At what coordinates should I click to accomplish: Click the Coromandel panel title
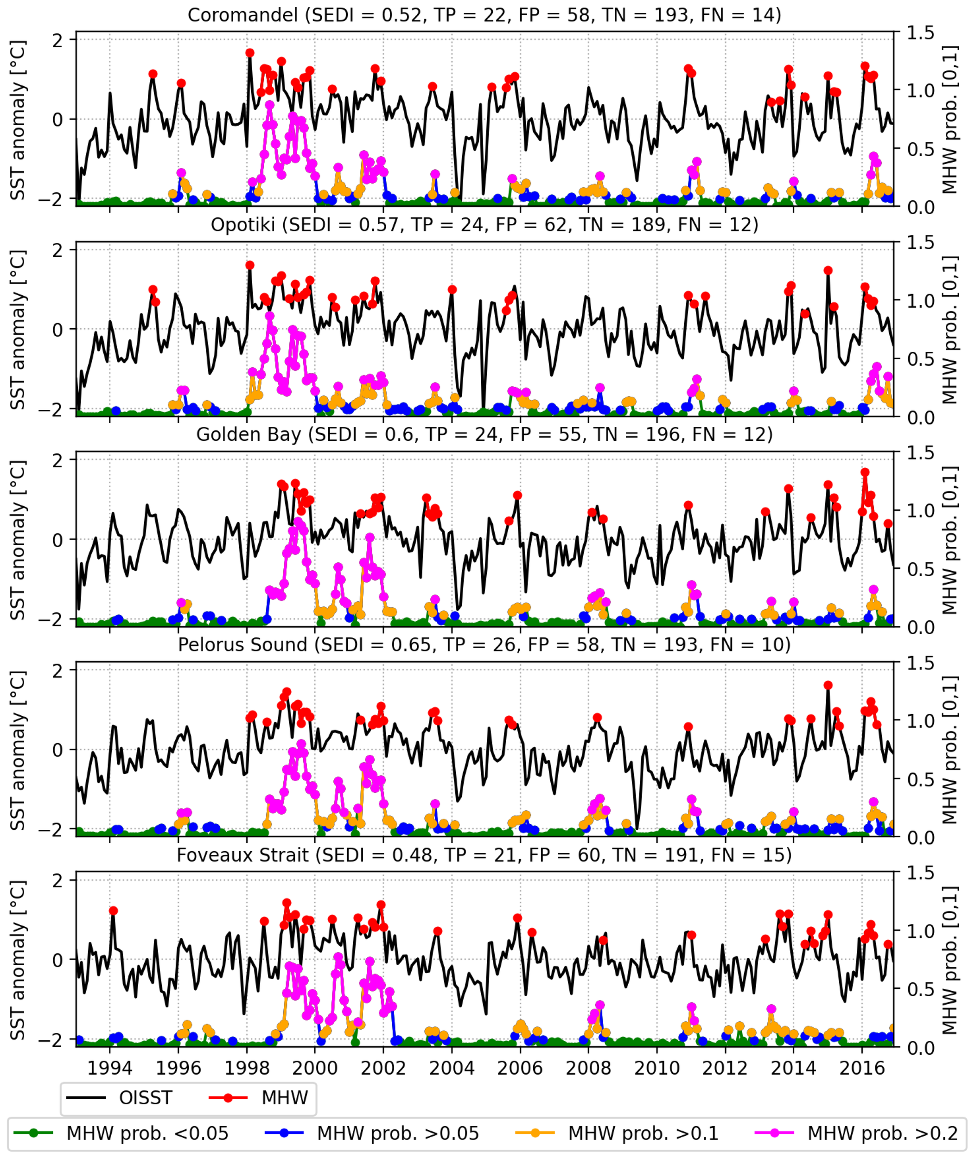click(484, 14)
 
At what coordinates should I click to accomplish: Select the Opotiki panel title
click(484, 224)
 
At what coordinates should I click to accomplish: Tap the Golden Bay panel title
click(484, 434)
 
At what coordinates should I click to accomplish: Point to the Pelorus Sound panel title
click(484, 644)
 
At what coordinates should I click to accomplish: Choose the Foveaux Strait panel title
click(484, 855)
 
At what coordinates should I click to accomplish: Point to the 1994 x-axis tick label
click(109, 1067)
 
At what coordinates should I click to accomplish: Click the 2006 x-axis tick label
click(520, 1067)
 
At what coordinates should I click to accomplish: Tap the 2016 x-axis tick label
click(862, 1067)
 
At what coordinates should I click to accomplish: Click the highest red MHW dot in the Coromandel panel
click(250, 53)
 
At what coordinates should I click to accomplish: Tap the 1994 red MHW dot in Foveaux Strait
click(113, 911)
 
